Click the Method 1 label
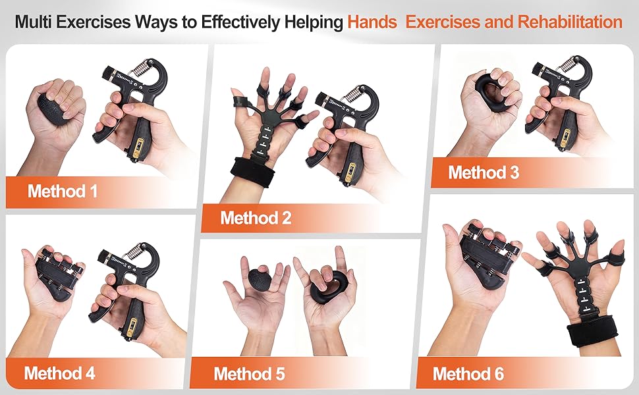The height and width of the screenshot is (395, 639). tap(63, 192)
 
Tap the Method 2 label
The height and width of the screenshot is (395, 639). tap(256, 218)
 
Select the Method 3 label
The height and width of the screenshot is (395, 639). tap(484, 172)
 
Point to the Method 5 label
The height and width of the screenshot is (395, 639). tap(249, 375)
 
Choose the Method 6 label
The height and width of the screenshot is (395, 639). tap(468, 375)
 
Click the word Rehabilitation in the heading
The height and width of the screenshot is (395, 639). tap(570, 22)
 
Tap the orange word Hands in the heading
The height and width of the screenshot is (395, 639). tap(372, 22)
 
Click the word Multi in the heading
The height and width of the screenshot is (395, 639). tap(32, 22)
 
